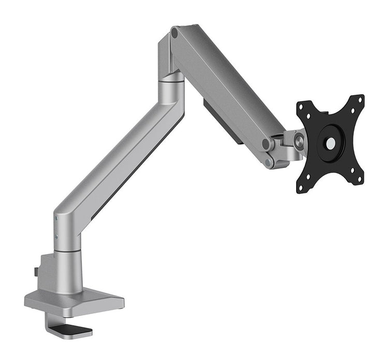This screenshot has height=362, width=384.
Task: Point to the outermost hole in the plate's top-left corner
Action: pyautogui.click(x=302, y=107)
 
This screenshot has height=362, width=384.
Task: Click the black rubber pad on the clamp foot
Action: pyautogui.click(x=76, y=329)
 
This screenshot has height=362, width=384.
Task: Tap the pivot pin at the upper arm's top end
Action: pyautogui.click(x=175, y=33)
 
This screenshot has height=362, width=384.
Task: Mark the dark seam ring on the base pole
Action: pyautogui.click(x=68, y=251)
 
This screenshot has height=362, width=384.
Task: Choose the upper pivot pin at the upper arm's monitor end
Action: pyautogui.click(x=267, y=144)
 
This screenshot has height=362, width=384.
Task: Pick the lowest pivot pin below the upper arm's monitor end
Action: pyautogui.click(x=269, y=162)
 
